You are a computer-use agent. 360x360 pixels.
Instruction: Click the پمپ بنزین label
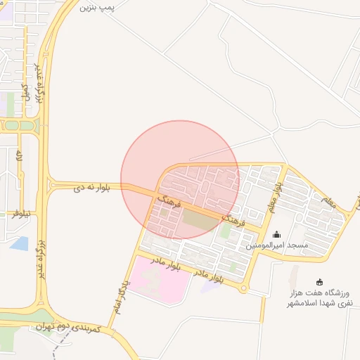click(x=96, y=8)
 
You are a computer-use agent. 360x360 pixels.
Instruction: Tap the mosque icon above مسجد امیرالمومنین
click(x=276, y=234)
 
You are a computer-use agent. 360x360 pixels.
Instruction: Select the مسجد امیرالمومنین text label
click(x=277, y=246)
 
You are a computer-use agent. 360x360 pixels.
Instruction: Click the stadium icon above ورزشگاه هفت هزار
click(x=320, y=281)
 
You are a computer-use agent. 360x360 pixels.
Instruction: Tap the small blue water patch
click(x=19, y=244)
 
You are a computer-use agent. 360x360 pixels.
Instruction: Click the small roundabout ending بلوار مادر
click(x=243, y=288)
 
